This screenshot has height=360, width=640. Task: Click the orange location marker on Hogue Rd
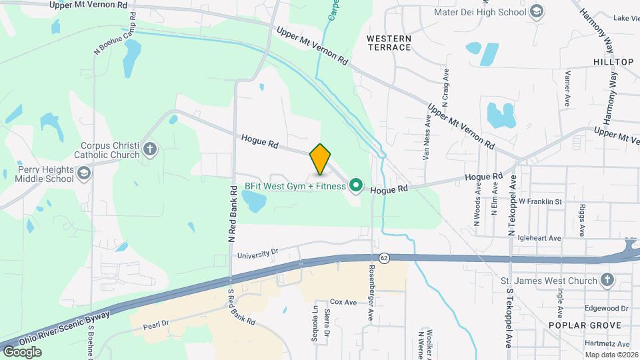(321, 159)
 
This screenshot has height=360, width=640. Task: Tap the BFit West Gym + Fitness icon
(356, 186)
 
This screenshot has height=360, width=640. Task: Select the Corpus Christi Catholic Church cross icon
(149, 149)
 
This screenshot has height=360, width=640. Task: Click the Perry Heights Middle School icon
(85, 174)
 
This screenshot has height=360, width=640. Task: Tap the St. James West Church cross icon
(606, 281)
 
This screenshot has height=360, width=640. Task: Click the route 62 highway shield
(384, 257)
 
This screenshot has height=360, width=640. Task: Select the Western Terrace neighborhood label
(389, 43)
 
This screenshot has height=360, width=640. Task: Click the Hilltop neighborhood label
(613, 61)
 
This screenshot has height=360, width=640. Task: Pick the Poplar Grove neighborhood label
(585, 325)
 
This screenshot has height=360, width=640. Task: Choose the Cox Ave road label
(344, 302)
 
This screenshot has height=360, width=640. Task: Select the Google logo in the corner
(22, 351)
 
